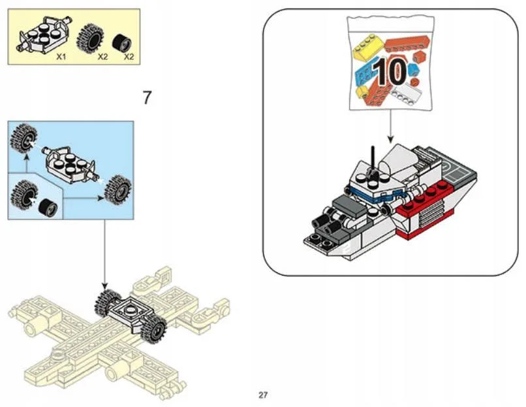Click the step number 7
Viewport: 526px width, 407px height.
click(x=147, y=98)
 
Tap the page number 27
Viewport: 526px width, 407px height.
click(x=263, y=395)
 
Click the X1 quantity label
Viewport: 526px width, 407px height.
click(x=62, y=57)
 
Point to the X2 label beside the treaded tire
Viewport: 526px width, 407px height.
click(x=102, y=57)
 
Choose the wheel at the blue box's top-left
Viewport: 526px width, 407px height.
click(x=24, y=136)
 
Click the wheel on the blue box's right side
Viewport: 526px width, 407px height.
click(x=117, y=189)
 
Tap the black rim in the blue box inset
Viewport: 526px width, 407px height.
click(x=46, y=208)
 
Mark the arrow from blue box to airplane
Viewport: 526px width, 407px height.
click(x=104, y=255)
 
